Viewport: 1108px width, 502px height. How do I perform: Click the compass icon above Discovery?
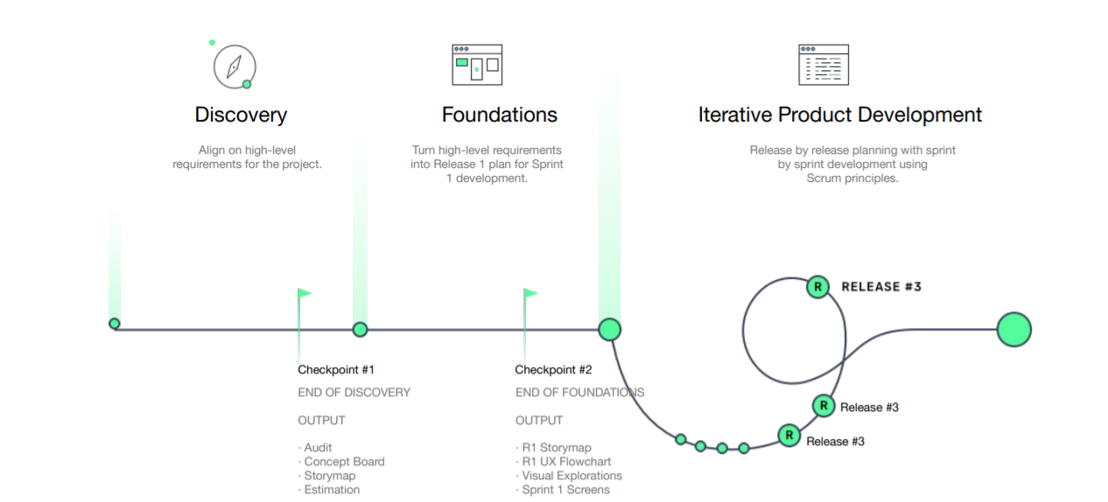point(235,66)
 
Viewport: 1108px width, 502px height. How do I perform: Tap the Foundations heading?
point(499,115)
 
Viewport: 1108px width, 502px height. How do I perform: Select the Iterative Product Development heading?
point(839,115)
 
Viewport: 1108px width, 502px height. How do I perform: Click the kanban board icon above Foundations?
point(477,65)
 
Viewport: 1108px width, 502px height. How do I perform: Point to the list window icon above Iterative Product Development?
point(824,65)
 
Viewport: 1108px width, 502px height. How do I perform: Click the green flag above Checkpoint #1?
point(305,294)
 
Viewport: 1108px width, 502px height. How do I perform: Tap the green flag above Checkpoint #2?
point(530,294)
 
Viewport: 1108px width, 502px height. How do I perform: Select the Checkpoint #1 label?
point(336,370)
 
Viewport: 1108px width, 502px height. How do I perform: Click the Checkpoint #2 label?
point(553,370)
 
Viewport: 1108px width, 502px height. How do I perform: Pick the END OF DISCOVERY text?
point(354,393)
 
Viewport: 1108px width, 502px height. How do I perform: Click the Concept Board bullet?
point(341,462)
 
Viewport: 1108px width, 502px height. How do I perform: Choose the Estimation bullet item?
point(329,490)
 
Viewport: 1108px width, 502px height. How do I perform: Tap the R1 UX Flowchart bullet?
point(564,462)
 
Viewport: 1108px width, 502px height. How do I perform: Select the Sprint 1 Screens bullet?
point(563,490)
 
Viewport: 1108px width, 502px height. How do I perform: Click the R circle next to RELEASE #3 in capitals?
point(817,287)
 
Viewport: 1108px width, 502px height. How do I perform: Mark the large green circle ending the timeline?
point(1014,330)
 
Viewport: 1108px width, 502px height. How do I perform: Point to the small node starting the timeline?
point(115,324)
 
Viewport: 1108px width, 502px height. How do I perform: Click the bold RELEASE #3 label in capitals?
point(881,287)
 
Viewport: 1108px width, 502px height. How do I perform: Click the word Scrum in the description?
point(824,178)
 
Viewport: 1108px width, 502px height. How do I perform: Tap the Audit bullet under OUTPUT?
point(314,448)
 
